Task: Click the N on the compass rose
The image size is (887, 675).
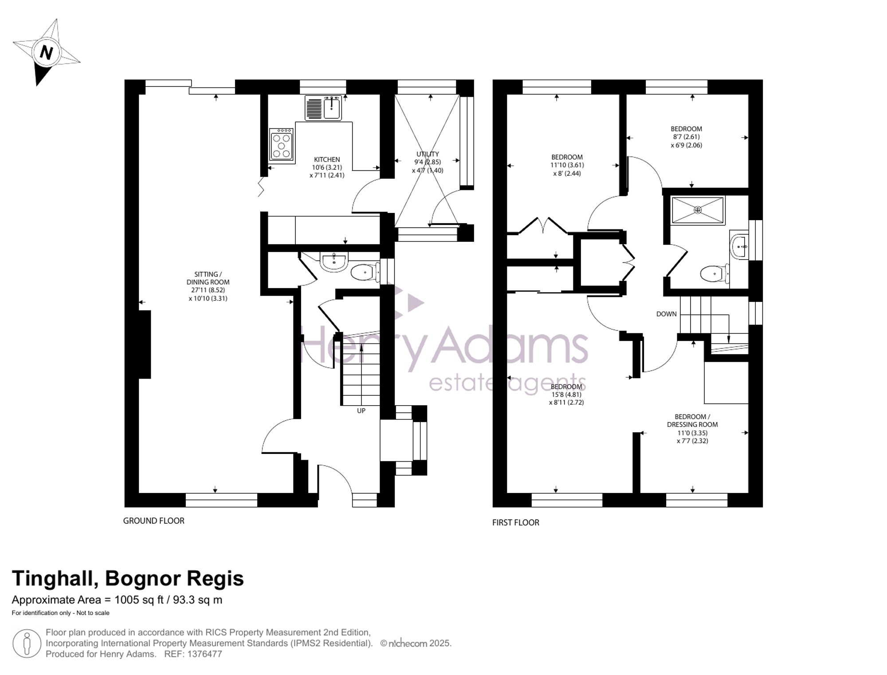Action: point(46,53)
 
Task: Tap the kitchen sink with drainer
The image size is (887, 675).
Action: point(323,108)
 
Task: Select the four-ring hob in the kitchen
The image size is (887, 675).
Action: point(282,144)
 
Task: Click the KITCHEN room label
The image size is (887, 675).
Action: point(327,160)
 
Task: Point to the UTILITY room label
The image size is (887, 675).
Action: point(428,154)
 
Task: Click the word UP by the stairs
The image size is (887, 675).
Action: point(361,411)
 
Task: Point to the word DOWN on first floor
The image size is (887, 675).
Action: point(667,314)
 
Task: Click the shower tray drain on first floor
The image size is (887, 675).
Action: point(698,210)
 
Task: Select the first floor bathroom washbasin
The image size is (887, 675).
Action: point(739,245)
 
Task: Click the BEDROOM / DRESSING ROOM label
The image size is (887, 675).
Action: point(692,421)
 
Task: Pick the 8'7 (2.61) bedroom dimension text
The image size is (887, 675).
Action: point(686,137)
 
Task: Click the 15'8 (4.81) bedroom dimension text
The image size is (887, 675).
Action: point(566,395)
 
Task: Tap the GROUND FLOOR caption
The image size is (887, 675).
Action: point(154,521)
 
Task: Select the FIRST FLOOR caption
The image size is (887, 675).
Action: point(516,523)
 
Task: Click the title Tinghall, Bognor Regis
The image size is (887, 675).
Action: point(128,579)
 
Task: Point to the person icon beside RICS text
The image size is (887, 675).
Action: point(27,644)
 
